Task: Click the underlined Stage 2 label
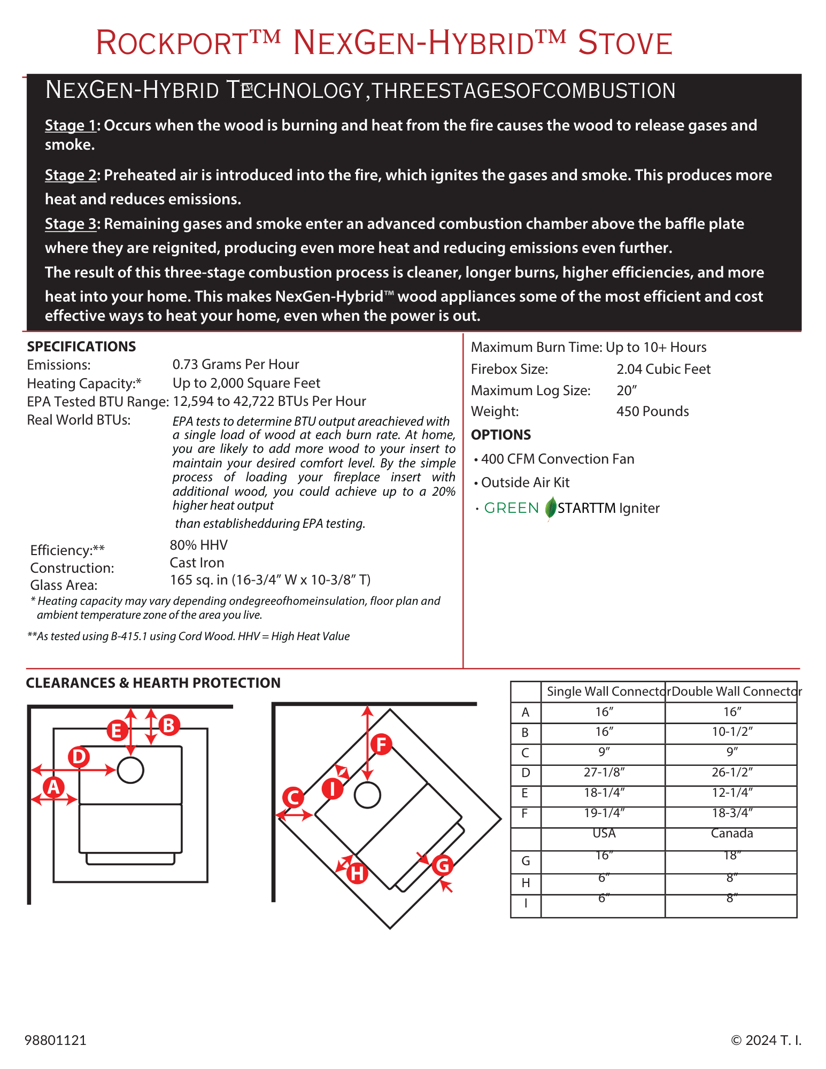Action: [x=71, y=175]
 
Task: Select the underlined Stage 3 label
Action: [x=71, y=224]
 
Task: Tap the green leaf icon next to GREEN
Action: [x=551, y=508]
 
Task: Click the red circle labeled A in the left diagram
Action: [x=53, y=787]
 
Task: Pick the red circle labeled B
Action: [x=169, y=725]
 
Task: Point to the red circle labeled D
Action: [x=79, y=757]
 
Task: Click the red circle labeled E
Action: [x=117, y=730]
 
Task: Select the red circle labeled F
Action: [x=381, y=744]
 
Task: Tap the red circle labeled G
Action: [x=443, y=865]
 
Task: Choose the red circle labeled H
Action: [x=357, y=873]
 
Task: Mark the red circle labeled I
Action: [x=332, y=788]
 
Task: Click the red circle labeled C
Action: [x=293, y=797]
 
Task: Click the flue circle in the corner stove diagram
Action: [x=367, y=795]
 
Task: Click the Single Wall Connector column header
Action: [x=604, y=691]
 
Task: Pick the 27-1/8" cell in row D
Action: [x=604, y=772]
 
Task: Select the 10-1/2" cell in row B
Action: [x=731, y=732]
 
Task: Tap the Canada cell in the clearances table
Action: [x=731, y=833]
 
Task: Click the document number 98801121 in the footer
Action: [x=56, y=1040]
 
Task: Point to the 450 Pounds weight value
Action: [x=652, y=411]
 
